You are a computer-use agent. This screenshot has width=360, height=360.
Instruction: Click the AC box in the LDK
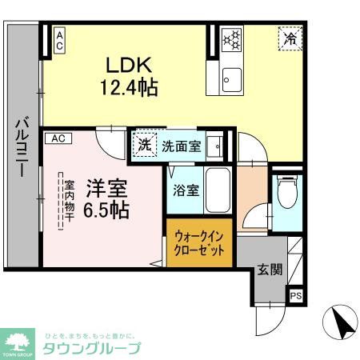[59, 40]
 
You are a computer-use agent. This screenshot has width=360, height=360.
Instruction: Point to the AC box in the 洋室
[58, 138]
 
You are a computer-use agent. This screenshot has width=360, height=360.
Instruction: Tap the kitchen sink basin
[232, 78]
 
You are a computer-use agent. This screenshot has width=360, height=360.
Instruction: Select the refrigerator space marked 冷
[289, 38]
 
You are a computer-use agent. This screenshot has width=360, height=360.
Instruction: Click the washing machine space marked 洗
[144, 146]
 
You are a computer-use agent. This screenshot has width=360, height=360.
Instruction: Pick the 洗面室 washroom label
[182, 146]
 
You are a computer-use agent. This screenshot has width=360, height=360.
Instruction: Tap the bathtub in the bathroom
[217, 192]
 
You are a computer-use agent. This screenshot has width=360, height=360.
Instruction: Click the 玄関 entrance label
[270, 270]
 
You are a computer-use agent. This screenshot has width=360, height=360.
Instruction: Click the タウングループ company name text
[92, 348]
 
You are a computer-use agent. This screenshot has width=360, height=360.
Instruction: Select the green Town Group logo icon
[18, 340]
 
